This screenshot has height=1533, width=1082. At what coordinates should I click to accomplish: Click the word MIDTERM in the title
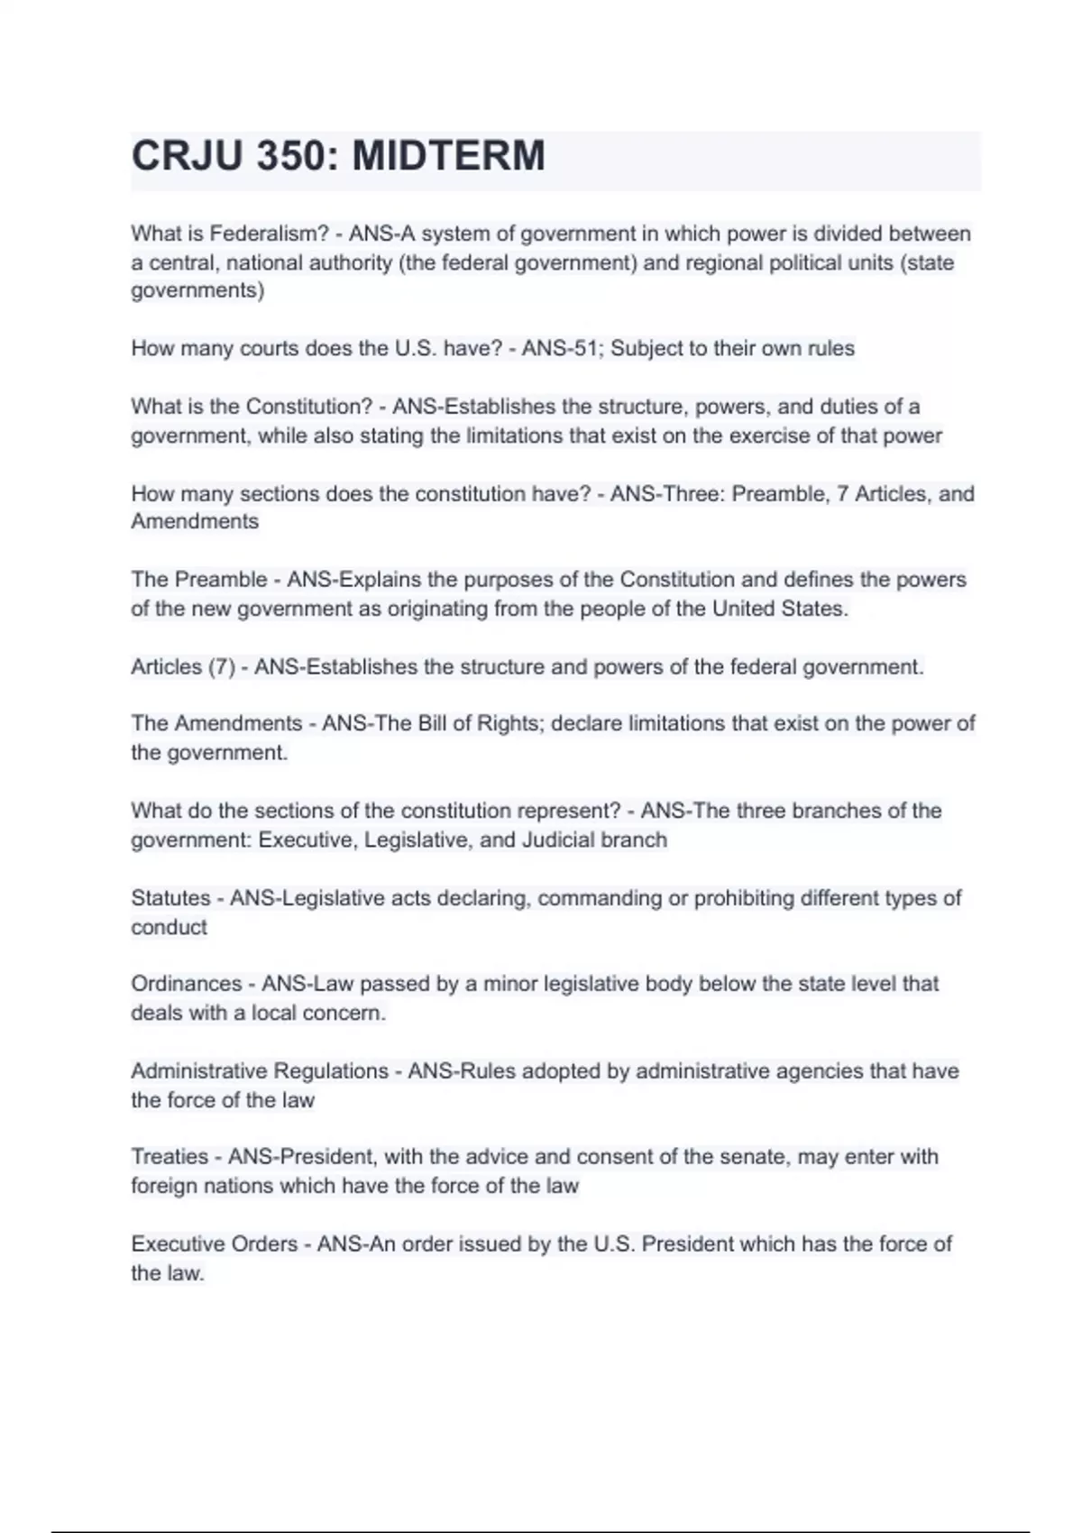tap(448, 156)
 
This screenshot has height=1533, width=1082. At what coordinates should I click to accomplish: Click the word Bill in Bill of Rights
tap(432, 723)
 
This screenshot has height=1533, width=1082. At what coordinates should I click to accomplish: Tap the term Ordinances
tap(186, 984)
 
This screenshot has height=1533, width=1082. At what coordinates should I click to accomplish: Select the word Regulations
tap(330, 1071)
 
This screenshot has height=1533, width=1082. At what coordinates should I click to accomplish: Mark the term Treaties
tap(170, 1157)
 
